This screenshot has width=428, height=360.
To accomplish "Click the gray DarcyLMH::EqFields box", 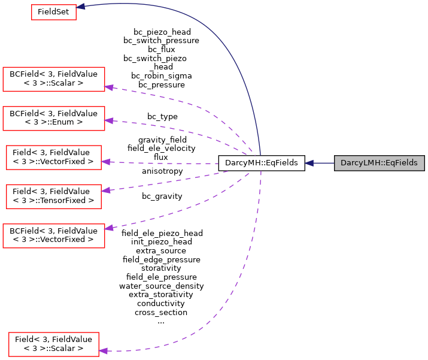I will tap(379, 163).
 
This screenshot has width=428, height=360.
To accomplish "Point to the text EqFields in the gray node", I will tap(403, 163).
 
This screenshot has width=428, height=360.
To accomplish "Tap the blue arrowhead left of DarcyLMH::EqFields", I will tap(309, 163).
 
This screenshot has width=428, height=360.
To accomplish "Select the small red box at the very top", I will tap(54, 12).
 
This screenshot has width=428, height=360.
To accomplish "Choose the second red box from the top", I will tap(54, 79).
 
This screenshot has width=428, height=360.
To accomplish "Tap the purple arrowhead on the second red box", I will tap(109, 87).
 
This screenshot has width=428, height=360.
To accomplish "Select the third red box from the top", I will tap(54, 119).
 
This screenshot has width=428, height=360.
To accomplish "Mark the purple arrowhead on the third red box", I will tap(109, 121).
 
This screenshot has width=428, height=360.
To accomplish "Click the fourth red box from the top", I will tap(54, 158).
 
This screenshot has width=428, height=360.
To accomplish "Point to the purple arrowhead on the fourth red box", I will tap(105, 162).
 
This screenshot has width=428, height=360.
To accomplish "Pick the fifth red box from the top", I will tap(54, 196).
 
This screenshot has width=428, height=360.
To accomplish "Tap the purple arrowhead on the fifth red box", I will tap(105, 190).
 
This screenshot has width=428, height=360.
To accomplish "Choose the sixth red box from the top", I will tap(54, 236).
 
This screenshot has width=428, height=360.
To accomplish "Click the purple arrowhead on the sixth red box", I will tap(109, 228).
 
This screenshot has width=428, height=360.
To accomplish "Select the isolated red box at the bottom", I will tap(54, 344).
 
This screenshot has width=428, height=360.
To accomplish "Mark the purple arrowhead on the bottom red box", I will tap(103, 350).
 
